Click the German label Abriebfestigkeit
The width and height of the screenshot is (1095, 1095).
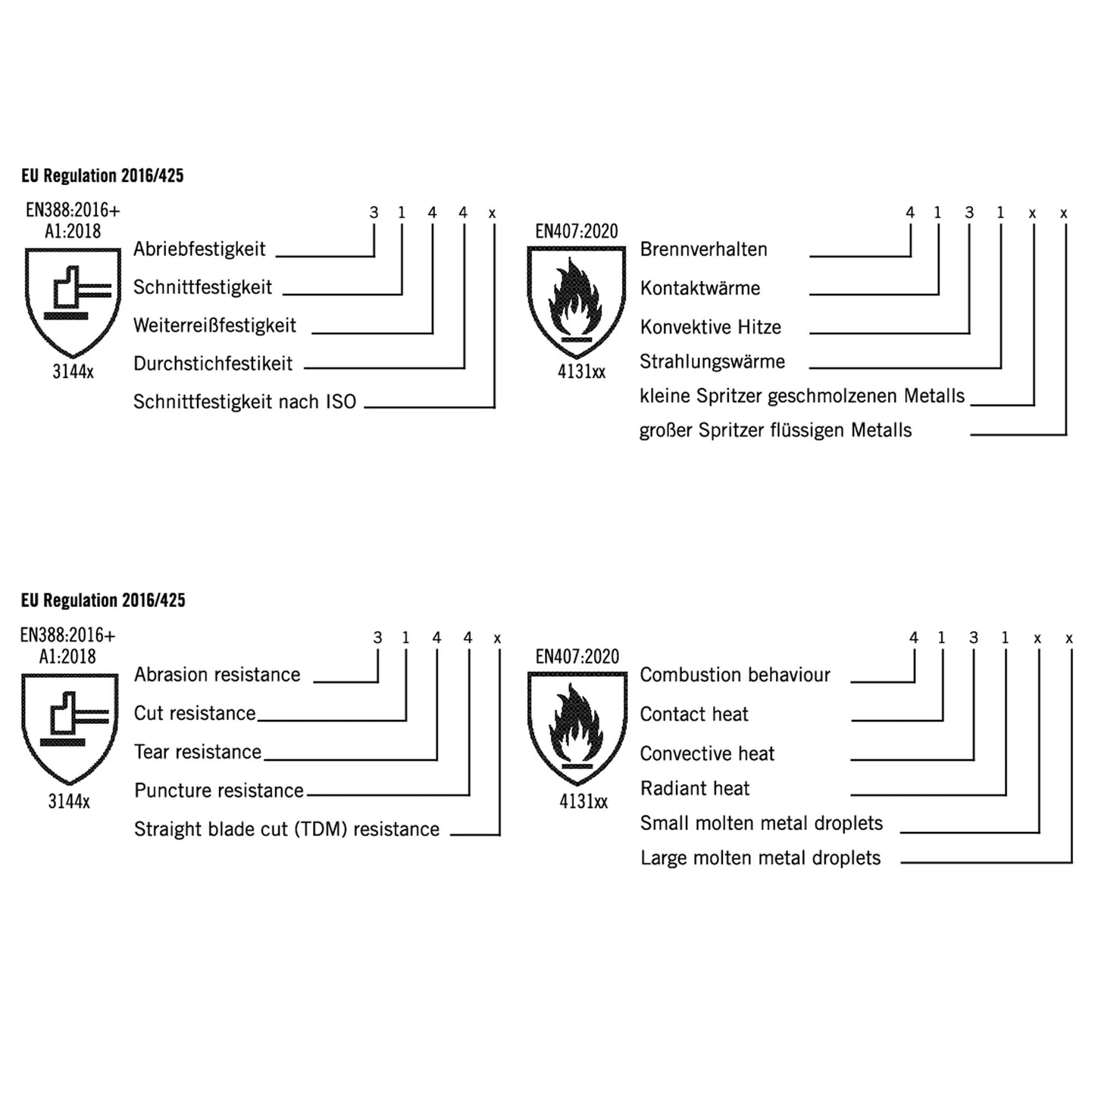(199, 249)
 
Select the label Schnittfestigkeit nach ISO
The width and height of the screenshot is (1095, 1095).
(244, 402)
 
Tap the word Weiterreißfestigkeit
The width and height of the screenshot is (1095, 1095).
(214, 326)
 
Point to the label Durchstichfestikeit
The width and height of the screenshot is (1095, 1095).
(212, 364)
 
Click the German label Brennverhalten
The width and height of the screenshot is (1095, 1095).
(703, 249)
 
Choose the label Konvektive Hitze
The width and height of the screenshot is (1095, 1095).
(710, 327)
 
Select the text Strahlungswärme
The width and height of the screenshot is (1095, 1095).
(712, 361)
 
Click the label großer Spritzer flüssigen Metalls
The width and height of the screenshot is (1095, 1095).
(775, 430)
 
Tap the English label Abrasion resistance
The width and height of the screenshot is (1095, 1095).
(217, 674)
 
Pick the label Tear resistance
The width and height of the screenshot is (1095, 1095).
(197, 752)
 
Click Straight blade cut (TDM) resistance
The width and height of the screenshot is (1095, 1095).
(286, 829)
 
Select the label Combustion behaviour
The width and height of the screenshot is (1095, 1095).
(734, 674)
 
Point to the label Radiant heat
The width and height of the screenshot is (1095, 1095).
(694, 789)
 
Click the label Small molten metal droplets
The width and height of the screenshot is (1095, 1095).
(761, 824)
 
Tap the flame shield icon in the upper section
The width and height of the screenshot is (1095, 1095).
(577, 302)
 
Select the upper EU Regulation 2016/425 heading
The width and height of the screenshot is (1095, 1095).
(102, 176)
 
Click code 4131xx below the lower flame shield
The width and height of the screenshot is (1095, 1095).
(583, 802)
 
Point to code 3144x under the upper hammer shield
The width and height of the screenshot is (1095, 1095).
(73, 372)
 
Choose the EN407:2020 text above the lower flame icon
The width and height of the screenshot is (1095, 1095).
(577, 657)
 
